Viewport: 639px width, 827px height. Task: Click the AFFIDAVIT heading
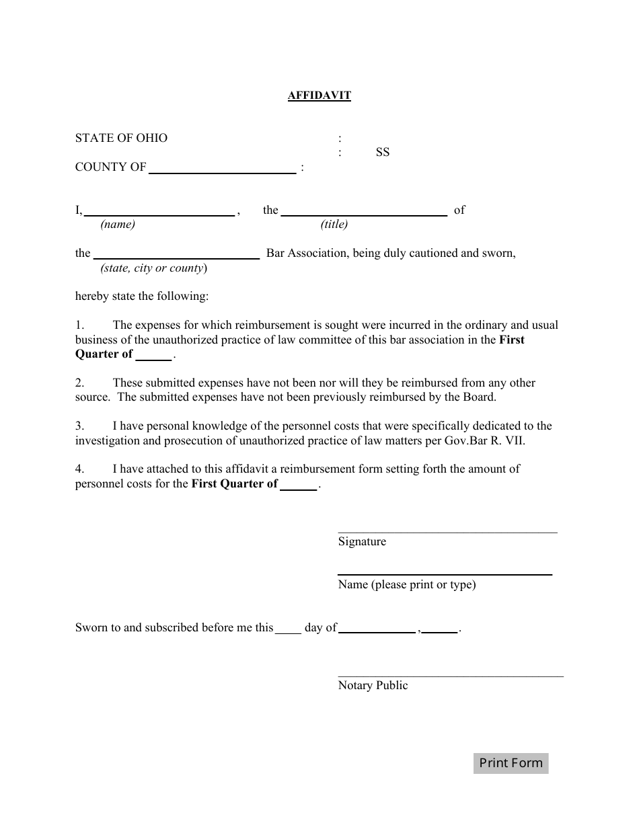tap(319, 95)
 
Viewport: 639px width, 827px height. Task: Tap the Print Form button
tap(511, 762)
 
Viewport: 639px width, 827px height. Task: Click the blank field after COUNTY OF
tap(222, 169)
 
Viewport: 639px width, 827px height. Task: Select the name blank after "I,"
tap(159, 211)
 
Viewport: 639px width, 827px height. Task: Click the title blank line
tap(364, 211)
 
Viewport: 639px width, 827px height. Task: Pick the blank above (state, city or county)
tap(176, 254)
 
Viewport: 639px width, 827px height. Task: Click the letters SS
tap(383, 153)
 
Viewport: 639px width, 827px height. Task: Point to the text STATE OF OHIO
tap(121, 138)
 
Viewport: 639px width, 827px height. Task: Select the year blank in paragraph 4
tap(299, 485)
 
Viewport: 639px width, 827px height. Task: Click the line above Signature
tap(447, 532)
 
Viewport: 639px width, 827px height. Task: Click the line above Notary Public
tap(450, 676)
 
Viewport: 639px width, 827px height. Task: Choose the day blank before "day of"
tap(289, 629)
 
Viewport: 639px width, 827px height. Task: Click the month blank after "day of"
tap(377, 629)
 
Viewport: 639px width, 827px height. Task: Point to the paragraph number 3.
tap(79, 426)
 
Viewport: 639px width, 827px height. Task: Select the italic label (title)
tap(334, 225)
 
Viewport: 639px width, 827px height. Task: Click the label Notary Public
tap(373, 685)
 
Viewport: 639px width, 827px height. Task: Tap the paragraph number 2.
tap(79, 383)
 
